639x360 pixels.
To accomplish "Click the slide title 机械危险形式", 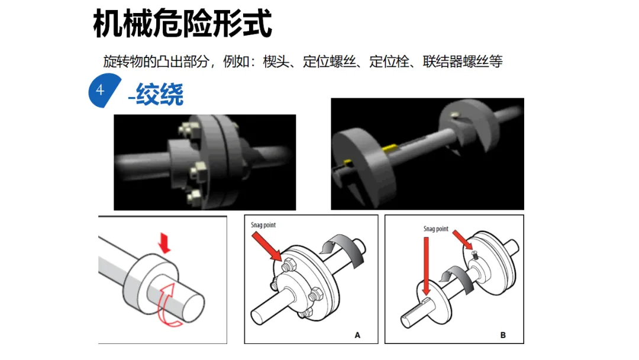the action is click(182, 23).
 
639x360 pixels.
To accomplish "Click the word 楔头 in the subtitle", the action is click(276, 62).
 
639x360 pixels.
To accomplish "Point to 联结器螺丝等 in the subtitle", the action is click(463, 62).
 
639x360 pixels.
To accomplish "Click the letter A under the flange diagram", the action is click(357, 335).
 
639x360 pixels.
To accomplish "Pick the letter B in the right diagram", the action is click(503, 335).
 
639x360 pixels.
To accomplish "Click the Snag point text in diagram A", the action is click(263, 225).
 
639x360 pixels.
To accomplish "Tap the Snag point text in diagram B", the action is click(435, 229).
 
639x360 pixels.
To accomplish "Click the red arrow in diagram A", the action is click(267, 246).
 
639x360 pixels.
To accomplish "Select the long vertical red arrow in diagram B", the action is click(426, 266).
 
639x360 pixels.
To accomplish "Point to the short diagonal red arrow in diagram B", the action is click(463, 240).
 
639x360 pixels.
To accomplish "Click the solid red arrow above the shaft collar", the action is click(164, 243).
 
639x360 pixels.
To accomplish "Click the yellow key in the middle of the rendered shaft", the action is click(389, 148).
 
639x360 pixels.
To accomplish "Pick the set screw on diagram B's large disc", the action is click(474, 255).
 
